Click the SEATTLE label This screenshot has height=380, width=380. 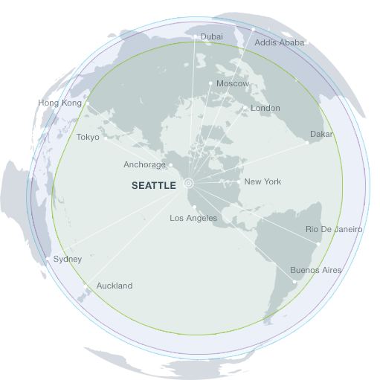point(154,186)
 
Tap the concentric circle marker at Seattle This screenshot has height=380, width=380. point(188,181)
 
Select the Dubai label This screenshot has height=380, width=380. point(212,36)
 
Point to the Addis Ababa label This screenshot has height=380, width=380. point(280,42)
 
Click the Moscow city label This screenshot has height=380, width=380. point(233,84)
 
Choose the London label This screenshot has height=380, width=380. point(265,109)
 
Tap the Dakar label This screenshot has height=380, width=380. point(322,135)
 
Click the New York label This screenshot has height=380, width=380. point(263,181)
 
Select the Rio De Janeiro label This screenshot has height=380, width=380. point(334,230)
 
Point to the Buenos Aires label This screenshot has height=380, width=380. point(316,270)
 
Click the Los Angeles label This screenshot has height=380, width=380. point(193,218)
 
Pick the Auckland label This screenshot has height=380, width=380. point(115,286)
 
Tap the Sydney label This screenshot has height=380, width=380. point(68,259)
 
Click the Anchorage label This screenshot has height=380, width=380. point(145,165)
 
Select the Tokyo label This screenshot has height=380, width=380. point(88,137)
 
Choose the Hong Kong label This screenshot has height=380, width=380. point(59,103)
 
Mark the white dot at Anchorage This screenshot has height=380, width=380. point(171,165)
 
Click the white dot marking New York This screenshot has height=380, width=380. point(238,181)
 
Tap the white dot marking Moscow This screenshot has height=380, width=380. point(210,83)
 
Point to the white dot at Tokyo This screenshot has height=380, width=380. point(106,137)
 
